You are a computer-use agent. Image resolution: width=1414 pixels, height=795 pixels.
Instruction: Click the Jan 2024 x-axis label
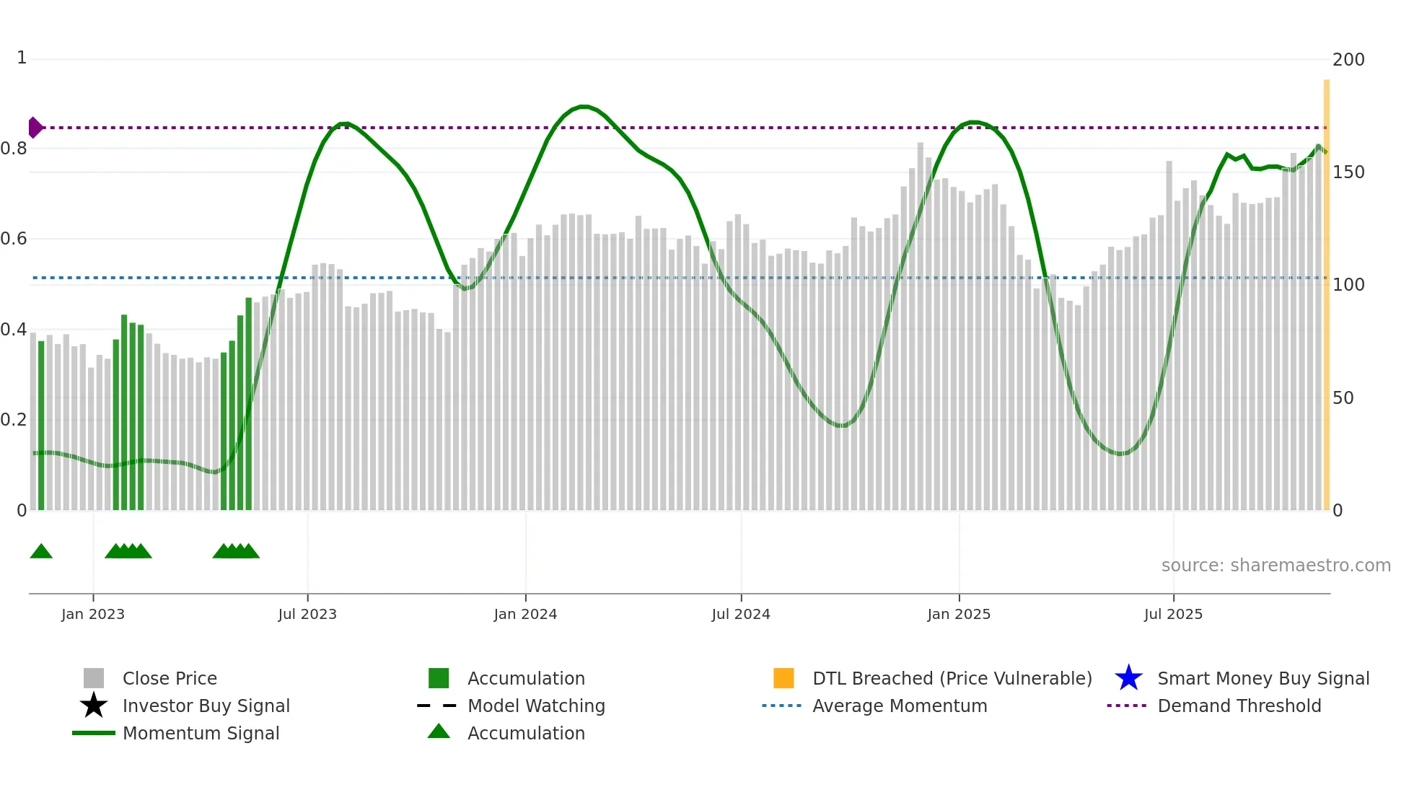tap(525, 614)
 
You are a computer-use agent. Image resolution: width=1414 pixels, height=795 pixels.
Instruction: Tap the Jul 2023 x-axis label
tap(307, 614)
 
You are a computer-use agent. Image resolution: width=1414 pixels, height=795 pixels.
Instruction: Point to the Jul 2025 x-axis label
tap(1173, 614)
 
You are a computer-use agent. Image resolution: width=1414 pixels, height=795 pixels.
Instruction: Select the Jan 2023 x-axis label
tap(93, 614)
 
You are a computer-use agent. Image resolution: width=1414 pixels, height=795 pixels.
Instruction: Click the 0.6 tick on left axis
tap(14, 239)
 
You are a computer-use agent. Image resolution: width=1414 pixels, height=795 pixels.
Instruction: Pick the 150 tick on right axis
tap(1348, 172)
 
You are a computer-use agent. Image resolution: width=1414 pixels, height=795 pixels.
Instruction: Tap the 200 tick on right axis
tap(1348, 60)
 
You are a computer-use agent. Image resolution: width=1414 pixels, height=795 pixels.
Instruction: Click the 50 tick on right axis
tap(1343, 398)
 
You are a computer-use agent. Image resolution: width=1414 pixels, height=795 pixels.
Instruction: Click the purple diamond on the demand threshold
tap(35, 128)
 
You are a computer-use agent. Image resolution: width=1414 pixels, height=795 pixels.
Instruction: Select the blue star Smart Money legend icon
tap(1128, 678)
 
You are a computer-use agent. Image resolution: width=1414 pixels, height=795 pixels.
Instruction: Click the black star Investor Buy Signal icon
tap(94, 706)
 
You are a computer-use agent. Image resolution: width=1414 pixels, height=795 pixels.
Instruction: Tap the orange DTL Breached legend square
tap(783, 678)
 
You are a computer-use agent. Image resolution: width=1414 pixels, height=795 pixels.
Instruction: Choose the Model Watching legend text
tap(536, 706)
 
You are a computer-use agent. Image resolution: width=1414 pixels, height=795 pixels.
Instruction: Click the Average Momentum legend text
tap(900, 706)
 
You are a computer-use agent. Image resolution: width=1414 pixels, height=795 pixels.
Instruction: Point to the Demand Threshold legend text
tap(1239, 706)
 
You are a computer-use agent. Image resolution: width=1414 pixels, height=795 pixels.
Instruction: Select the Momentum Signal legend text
tap(201, 733)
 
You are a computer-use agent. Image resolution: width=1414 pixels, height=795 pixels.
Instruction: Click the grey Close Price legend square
tap(94, 678)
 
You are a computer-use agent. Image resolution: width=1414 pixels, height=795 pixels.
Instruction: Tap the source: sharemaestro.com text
tap(1275, 566)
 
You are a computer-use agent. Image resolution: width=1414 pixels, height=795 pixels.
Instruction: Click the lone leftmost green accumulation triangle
tap(41, 552)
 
